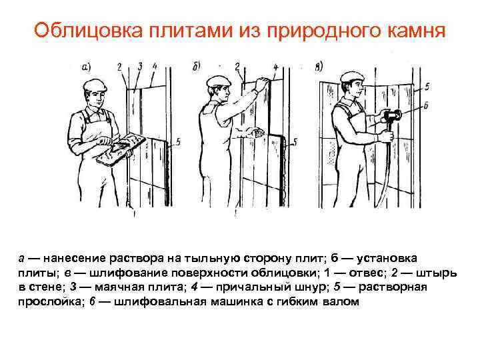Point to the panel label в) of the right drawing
(x=320, y=65)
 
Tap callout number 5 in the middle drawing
(x=295, y=141)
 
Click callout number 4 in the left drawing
(x=155, y=66)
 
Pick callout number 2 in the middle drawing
(x=237, y=66)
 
